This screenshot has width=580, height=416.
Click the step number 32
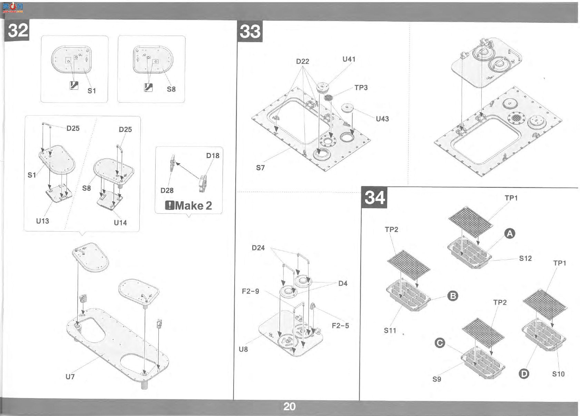pyautogui.click(x=18, y=30)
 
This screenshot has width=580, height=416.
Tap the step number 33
pyautogui.click(x=250, y=32)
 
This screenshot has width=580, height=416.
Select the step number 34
pyautogui.click(x=374, y=197)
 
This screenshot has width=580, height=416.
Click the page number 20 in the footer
pyautogui.click(x=289, y=406)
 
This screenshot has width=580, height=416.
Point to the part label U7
pyautogui.click(x=70, y=377)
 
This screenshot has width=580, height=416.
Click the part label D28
pyautogui.click(x=167, y=190)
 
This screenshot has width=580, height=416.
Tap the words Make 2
pyautogui.click(x=194, y=206)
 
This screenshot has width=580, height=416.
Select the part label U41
pyautogui.click(x=349, y=59)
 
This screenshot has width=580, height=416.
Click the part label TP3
pyautogui.click(x=361, y=88)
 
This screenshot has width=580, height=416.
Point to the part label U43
pyautogui.click(x=382, y=119)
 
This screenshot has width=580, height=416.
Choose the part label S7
pyautogui.click(x=260, y=168)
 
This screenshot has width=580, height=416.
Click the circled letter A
pyautogui.click(x=510, y=234)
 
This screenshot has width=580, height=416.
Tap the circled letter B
pyautogui.click(x=453, y=296)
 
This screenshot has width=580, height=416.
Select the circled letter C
pyautogui.click(x=440, y=343)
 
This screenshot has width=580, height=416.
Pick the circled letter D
pyautogui.click(x=524, y=374)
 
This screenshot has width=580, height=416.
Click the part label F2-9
pyautogui.click(x=250, y=291)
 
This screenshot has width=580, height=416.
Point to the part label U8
pyautogui.click(x=243, y=349)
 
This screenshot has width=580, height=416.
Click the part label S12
pyautogui.click(x=525, y=258)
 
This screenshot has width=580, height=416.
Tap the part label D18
pyautogui.click(x=213, y=155)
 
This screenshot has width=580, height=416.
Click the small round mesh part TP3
pyautogui.click(x=328, y=98)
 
